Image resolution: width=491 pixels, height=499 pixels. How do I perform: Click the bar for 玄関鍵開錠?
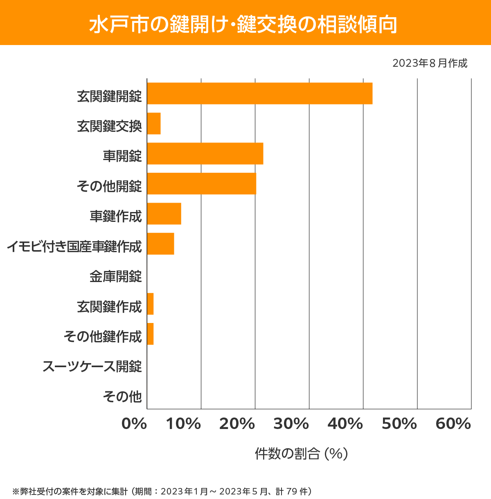coord(259,93)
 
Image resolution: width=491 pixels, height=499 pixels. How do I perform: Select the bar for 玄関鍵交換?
coord(154,123)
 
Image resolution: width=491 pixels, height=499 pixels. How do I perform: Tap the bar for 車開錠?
coord(205,154)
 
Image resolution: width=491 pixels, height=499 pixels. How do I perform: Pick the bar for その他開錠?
coord(201,183)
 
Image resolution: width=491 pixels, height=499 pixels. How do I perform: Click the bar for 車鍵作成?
coord(164,214)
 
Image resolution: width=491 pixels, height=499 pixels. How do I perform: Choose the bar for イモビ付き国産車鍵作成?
coord(160,244)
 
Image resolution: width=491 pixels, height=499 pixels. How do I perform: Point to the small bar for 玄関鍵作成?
coord(150,304)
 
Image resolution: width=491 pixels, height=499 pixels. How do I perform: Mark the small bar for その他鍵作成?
coord(150,334)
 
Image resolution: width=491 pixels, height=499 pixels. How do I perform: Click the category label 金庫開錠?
coord(116,277)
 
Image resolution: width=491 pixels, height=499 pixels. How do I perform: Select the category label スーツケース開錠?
coord(92,366)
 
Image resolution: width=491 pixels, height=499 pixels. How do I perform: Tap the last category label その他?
coord(122,396)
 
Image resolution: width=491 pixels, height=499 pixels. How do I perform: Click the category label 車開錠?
coord(122,156)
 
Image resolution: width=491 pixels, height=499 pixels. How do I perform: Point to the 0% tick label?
coord(134,424)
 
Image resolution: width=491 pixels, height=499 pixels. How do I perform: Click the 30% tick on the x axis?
coord(291,424)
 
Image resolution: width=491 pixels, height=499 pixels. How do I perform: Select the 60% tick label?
coord(453,424)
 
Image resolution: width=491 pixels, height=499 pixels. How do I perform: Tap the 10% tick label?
coord(183,424)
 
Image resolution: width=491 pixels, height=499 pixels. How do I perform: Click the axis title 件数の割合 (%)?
coord(301,454)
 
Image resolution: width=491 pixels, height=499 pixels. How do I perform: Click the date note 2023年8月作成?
coord(430,63)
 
